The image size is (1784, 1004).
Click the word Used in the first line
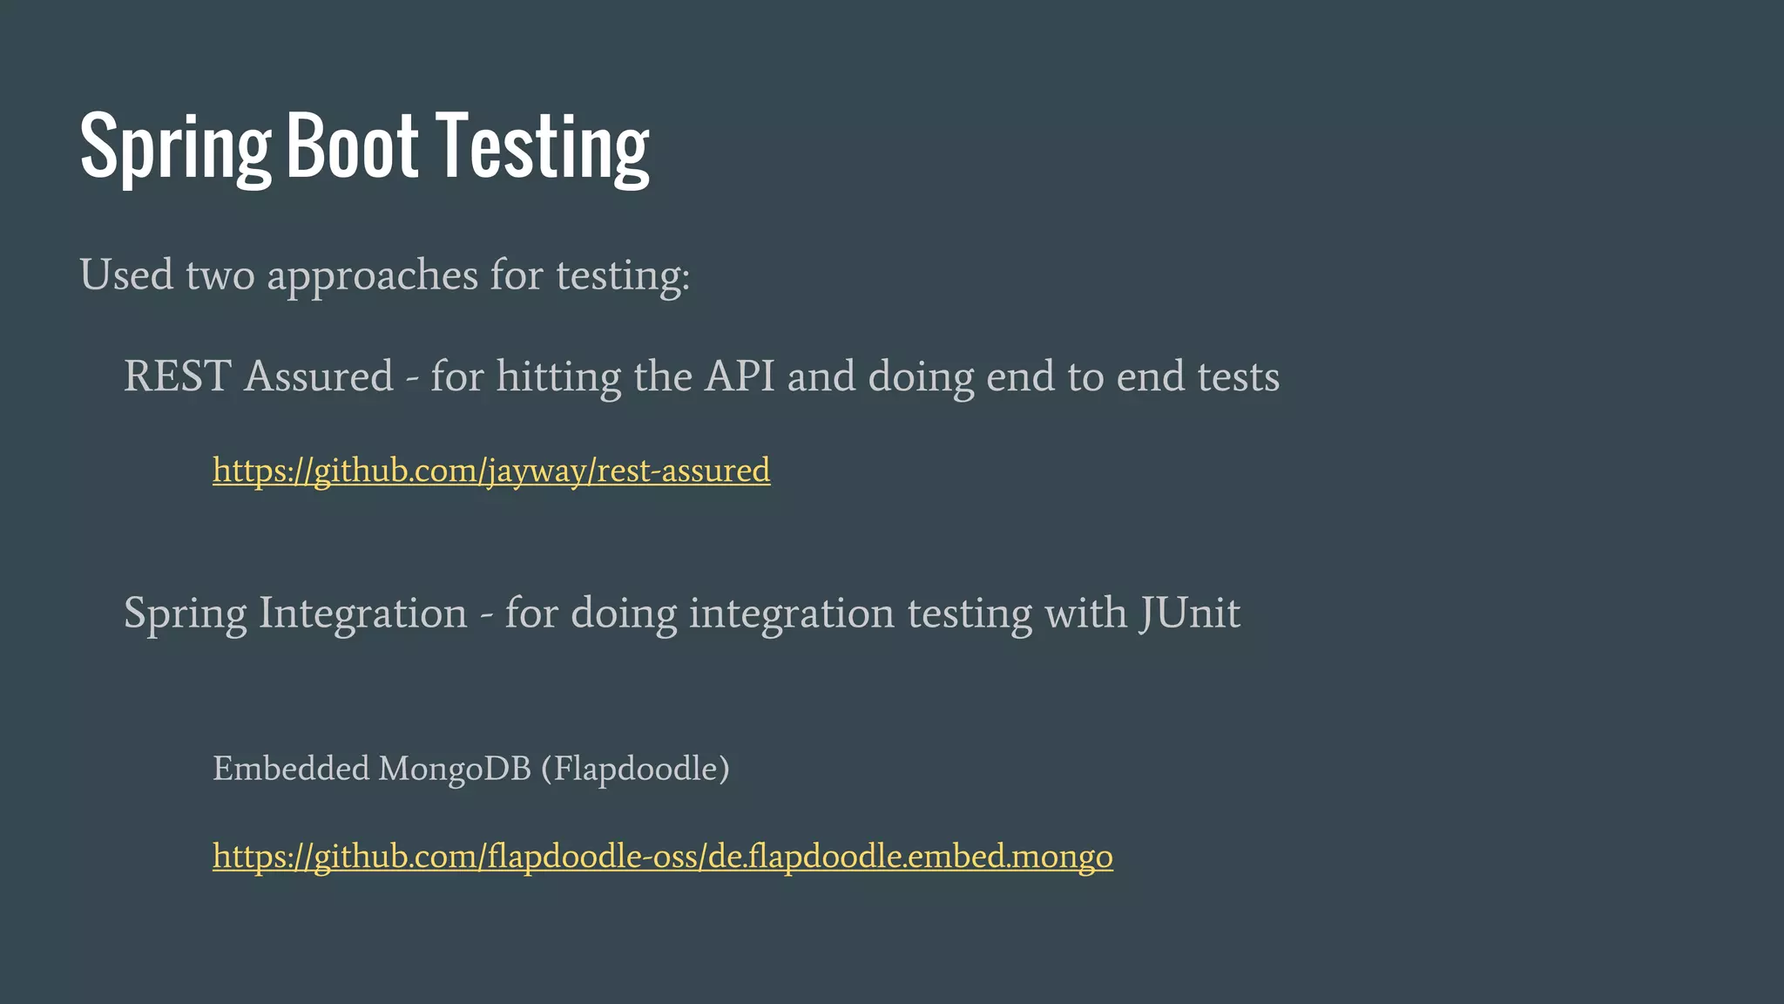(126, 275)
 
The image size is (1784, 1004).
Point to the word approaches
(372, 276)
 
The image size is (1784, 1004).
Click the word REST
(177, 376)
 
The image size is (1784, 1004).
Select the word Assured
(319, 376)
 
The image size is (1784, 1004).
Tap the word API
(740, 376)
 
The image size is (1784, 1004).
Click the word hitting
(558, 377)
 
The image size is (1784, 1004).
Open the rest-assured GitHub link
(491, 471)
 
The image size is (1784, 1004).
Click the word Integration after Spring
(362, 613)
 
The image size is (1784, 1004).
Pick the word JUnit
(1190, 613)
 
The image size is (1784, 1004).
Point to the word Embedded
(291, 769)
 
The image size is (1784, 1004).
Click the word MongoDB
(455, 769)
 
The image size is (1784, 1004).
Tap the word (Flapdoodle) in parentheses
(635, 769)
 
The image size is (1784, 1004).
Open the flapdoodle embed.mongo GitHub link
(662, 857)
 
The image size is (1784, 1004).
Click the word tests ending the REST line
(1238, 376)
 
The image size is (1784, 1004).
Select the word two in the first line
(220, 275)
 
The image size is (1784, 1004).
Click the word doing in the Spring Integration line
(624, 614)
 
